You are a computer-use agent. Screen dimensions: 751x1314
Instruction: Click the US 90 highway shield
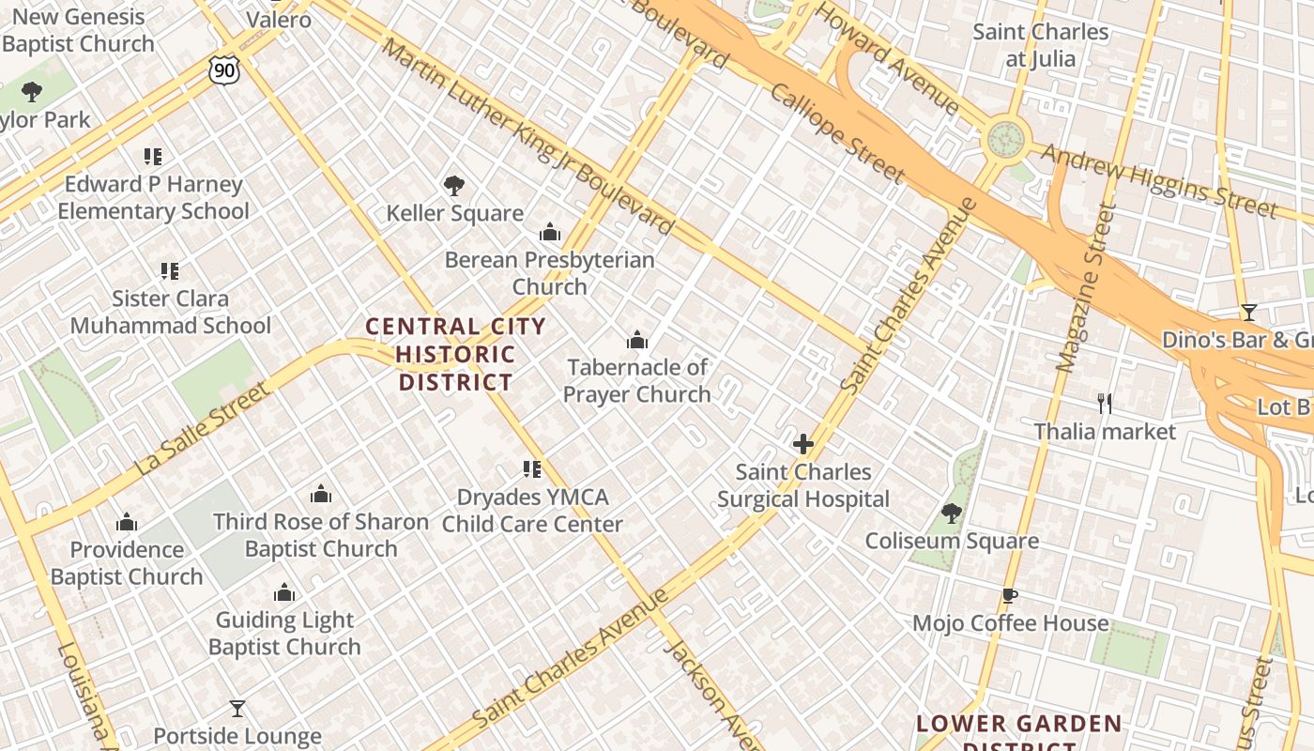pos(224,69)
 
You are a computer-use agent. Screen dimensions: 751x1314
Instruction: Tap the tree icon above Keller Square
pos(454,185)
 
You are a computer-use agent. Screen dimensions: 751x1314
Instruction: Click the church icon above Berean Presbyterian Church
pos(550,232)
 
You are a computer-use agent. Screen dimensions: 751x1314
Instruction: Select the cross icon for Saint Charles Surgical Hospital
pos(803,444)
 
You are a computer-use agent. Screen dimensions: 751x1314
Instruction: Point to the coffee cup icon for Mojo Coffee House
pos(1010,595)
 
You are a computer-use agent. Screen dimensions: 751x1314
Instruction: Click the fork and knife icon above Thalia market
pos(1105,404)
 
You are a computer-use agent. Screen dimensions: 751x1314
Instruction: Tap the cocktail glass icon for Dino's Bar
pos(1248,313)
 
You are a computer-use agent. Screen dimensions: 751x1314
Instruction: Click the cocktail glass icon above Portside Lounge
pos(237,708)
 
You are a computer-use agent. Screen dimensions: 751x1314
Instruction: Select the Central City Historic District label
pos(455,354)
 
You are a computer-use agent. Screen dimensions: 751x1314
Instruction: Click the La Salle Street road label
pos(201,428)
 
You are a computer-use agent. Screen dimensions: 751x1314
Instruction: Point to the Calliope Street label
pos(837,132)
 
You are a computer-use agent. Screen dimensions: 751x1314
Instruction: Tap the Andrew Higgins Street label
pos(1158,180)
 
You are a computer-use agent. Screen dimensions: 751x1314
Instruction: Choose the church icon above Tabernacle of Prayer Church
pos(637,340)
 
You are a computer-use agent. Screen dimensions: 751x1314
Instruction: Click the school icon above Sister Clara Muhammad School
pos(170,271)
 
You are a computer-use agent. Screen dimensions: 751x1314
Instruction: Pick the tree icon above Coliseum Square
pos(952,513)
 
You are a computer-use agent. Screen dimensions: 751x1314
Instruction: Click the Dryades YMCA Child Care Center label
pos(532,511)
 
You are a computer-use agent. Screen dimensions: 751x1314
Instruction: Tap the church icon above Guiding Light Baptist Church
pos(284,592)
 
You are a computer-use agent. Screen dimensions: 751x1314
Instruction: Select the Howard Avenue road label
pos(886,58)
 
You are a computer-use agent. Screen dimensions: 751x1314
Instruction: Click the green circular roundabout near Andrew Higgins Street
pos(1005,140)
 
